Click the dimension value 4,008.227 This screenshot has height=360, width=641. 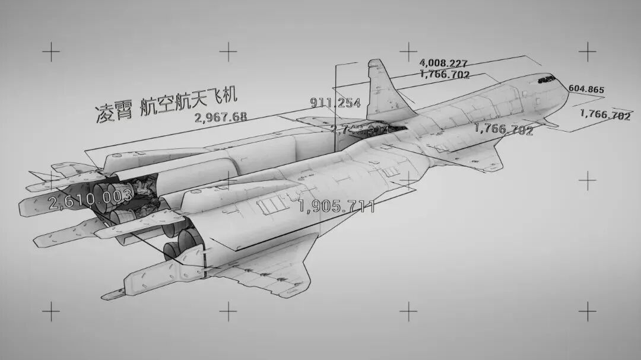pos(443,63)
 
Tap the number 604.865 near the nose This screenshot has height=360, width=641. pos(586,90)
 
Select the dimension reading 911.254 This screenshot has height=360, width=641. pos(335,103)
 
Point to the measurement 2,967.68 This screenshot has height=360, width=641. pos(221,117)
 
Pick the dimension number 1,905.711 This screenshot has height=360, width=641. pos(336,206)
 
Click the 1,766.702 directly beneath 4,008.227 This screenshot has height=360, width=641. pos(445,75)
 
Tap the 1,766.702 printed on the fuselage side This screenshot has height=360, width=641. pos(503,129)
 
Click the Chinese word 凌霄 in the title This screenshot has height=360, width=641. pos(113,111)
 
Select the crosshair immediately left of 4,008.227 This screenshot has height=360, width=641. pos(408,51)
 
